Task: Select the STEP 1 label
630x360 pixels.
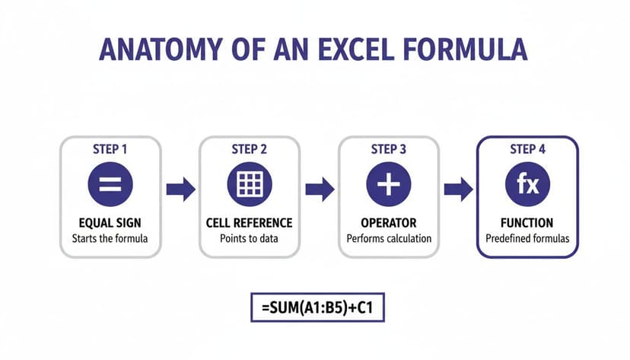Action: click(110, 149)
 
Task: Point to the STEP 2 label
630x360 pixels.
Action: click(250, 149)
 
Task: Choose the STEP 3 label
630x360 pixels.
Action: click(389, 149)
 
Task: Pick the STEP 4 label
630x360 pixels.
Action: click(527, 149)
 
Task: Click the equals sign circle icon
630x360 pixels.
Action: click(110, 185)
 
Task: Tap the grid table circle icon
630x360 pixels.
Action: click(250, 185)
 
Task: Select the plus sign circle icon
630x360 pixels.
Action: click(389, 185)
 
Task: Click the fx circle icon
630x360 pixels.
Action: click(527, 185)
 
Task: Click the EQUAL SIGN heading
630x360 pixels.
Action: click(110, 223)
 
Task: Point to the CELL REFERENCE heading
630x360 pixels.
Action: click(250, 223)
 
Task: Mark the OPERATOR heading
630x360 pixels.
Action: click(389, 223)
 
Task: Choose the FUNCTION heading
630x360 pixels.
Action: click(527, 223)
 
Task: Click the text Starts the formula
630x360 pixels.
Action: click(110, 238)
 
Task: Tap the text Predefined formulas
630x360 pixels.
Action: click(527, 238)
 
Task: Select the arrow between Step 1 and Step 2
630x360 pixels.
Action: click(180, 189)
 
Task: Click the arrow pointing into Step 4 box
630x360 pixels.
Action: click(458, 189)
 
